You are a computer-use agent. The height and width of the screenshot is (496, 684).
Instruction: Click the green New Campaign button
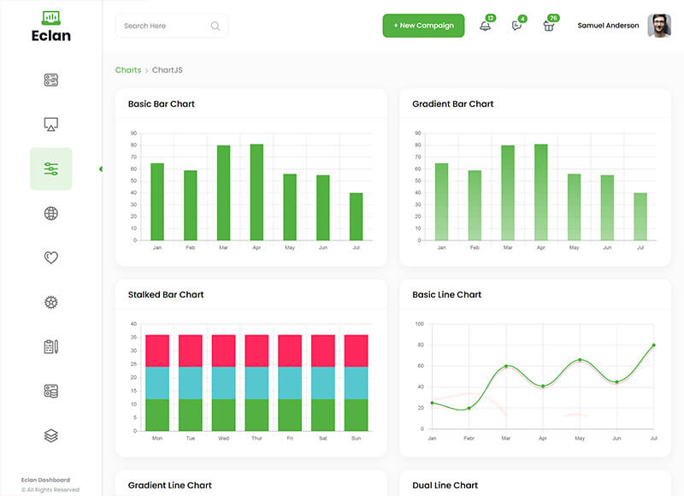tap(423, 26)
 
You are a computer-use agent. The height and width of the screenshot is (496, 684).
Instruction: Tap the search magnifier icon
tap(215, 26)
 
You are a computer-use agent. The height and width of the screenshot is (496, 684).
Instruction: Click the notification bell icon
tap(485, 26)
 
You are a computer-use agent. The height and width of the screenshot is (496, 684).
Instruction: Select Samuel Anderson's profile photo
tap(658, 26)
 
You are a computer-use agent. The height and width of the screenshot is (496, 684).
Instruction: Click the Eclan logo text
tap(50, 36)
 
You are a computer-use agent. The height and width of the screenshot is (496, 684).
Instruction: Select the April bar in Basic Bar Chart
tap(256, 192)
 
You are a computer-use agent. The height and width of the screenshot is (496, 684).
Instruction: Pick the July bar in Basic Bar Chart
tap(356, 216)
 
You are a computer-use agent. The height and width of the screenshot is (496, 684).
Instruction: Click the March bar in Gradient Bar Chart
tap(508, 192)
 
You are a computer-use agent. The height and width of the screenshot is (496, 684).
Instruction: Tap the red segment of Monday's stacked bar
tap(157, 351)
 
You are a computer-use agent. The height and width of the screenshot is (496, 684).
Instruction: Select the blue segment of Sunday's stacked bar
tap(356, 383)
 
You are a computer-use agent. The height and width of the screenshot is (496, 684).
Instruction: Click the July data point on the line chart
tap(654, 345)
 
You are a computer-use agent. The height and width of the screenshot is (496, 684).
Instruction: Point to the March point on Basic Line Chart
tap(506, 366)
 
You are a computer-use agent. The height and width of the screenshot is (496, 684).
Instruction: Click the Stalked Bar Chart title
tap(166, 295)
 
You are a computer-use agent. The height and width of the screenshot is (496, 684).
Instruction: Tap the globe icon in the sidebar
tap(50, 213)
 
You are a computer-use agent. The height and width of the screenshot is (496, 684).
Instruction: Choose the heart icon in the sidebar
tap(50, 257)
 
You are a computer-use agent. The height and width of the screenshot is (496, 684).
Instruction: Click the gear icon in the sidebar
tap(50, 302)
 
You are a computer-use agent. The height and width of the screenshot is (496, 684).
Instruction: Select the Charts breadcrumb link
tap(128, 70)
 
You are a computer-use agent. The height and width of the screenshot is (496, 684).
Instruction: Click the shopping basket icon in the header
tap(549, 26)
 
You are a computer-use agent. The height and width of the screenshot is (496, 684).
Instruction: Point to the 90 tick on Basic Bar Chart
tap(133, 133)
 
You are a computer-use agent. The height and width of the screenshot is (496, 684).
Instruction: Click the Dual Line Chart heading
tap(445, 486)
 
